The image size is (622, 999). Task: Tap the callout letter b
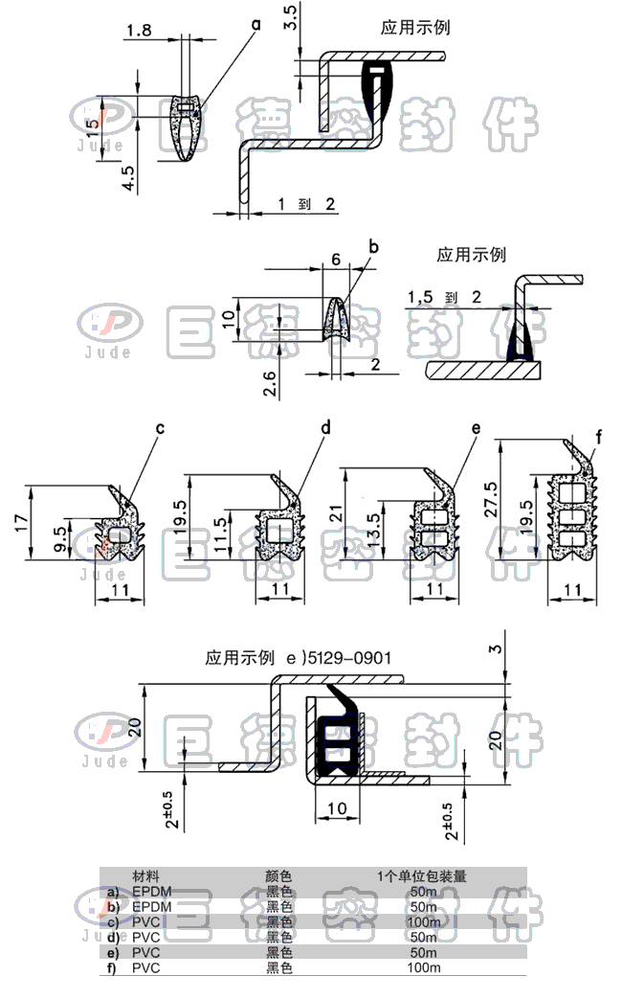(373, 247)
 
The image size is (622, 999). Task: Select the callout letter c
(160, 428)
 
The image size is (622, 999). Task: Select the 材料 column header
(145, 875)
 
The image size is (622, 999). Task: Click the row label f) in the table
(113, 967)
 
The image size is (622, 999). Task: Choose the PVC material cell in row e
(145, 952)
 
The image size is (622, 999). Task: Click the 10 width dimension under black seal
(337, 808)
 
